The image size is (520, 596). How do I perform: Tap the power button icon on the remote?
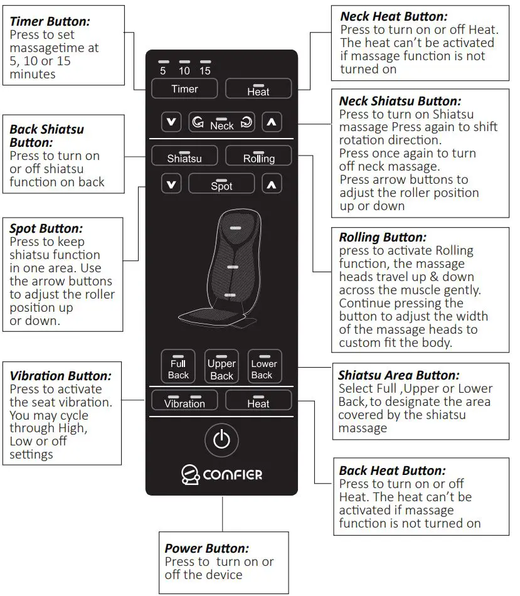pyautogui.click(x=221, y=440)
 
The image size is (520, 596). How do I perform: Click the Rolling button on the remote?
pyautogui.click(x=258, y=156)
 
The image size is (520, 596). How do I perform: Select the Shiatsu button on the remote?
pyautogui.click(x=184, y=156)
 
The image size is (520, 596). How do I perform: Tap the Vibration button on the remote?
pyautogui.click(x=184, y=401)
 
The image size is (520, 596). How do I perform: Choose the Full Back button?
pyautogui.click(x=178, y=366)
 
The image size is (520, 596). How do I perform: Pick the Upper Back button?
pyautogui.click(x=221, y=366)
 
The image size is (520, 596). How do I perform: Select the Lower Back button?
pyautogui.click(x=263, y=366)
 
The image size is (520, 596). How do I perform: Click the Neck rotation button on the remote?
pyautogui.click(x=221, y=122)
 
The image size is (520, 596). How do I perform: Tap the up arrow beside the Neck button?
pyautogui.click(x=271, y=122)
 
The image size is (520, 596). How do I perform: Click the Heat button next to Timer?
pyautogui.click(x=258, y=89)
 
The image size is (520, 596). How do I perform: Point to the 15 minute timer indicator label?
pyautogui.click(x=204, y=71)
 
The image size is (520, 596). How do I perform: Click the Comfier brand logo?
pyautogui.click(x=221, y=475)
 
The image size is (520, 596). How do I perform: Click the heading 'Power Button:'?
pyautogui.click(x=207, y=548)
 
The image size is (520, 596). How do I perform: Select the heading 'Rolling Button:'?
pyautogui.click(x=383, y=237)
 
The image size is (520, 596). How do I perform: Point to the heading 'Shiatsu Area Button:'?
pyautogui.click(x=399, y=375)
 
